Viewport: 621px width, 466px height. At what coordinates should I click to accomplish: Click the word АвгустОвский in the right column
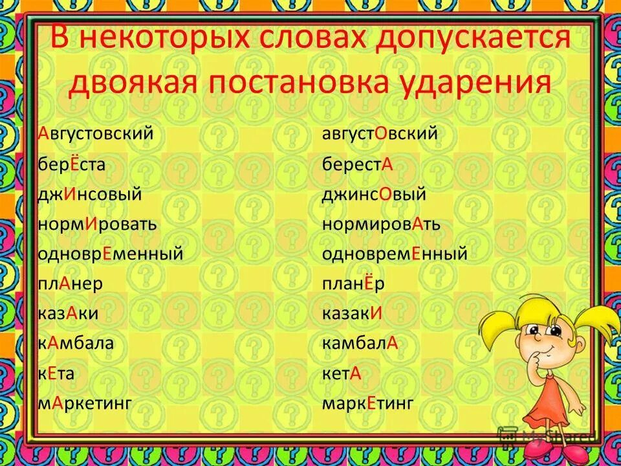pyautogui.click(x=380, y=135)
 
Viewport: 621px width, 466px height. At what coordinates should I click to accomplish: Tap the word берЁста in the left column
pyautogui.click(x=71, y=164)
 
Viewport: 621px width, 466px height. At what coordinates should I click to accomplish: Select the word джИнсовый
pyautogui.click(x=89, y=195)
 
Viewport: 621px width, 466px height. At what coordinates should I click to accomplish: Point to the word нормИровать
pyautogui.click(x=97, y=225)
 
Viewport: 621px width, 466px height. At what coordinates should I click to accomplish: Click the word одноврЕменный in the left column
pyautogui.click(x=110, y=254)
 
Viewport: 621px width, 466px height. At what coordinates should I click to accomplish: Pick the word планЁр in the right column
pyautogui.click(x=353, y=284)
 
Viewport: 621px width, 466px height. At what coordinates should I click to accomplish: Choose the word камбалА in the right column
pyautogui.click(x=360, y=344)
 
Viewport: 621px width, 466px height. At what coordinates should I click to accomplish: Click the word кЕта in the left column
pyautogui.click(x=56, y=374)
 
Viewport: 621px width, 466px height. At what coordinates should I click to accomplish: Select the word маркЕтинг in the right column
pyautogui.click(x=367, y=404)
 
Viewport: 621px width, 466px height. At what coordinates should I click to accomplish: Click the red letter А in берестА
pyautogui.click(x=387, y=165)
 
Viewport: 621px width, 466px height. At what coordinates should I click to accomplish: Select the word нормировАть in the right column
pyautogui.click(x=381, y=225)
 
